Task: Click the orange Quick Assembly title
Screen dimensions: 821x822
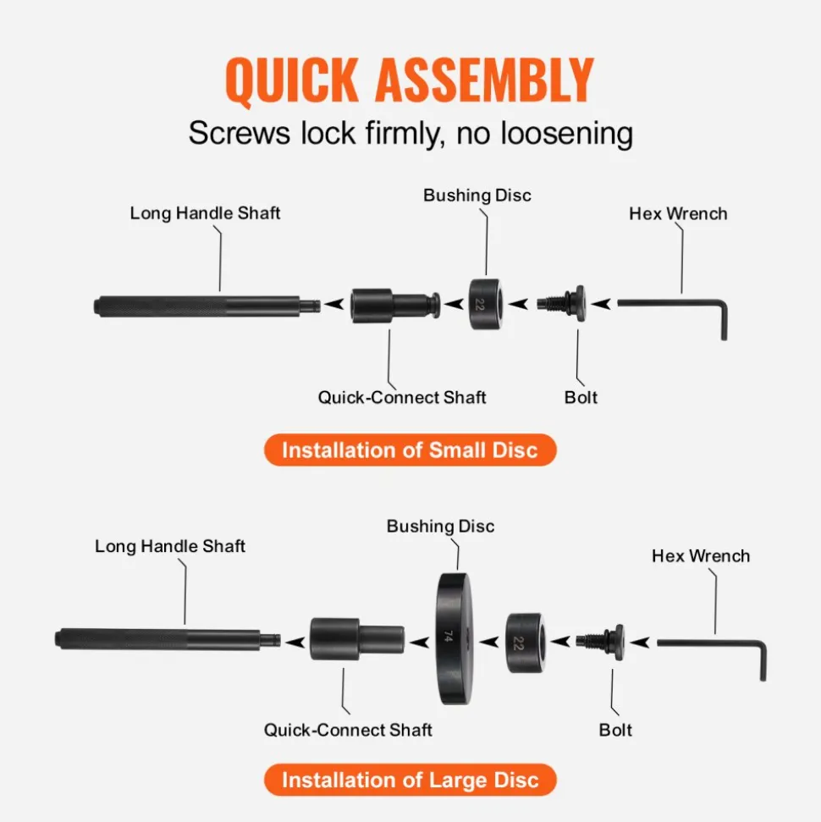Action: tap(410, 80)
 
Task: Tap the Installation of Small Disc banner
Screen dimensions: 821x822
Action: tap(410, 450)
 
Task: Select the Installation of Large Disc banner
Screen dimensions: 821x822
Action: tap(410, 780)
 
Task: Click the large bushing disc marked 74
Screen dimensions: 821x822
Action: tap(454, 638)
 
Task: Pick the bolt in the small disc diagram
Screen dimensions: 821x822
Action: tap(561, 304)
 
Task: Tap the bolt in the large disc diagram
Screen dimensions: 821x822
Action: tap(600, 642)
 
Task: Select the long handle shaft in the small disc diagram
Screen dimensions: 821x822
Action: tap(207, 306)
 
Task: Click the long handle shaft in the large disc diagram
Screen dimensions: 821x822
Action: tap(168, 639)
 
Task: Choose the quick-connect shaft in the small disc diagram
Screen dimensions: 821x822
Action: tap(395, 306)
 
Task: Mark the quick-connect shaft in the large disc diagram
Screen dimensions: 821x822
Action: tap(357, 638)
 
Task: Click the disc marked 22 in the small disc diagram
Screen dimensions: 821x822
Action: tap(486, 304)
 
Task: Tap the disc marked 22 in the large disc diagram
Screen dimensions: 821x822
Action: tap(525, 643)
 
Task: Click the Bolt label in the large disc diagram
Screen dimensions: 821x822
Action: tap(615, 730)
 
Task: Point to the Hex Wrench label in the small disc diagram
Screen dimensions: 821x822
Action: tap(678, 213)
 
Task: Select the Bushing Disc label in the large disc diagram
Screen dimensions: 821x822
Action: tap(440, 526)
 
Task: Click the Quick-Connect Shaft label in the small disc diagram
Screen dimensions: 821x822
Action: tap(402, 397)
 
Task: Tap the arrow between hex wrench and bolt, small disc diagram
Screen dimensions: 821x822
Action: tap(602, 304)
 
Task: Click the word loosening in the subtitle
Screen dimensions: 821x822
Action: tap(567, 133)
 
